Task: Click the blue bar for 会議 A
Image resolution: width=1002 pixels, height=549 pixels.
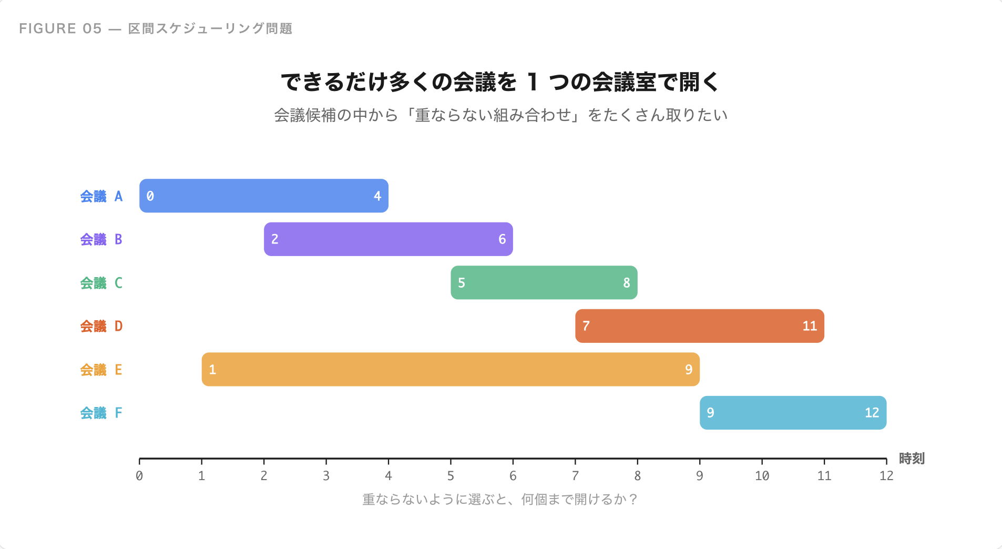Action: pyautogui.click(x=263, y=196)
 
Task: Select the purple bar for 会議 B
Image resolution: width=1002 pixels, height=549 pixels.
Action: pyautogui.click(x=388, y=239)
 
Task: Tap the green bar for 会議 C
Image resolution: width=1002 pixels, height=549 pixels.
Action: pyautogui.click(x=544, y=282)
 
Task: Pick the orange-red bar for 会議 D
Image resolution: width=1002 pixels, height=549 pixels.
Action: pyautogui.click(x=699, y=326)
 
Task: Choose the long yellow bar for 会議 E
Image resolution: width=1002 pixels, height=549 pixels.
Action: pyautogui.click(x=450, y=369)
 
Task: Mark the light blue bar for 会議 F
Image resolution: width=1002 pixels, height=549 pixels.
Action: pyautogui.click(x=793, y=413)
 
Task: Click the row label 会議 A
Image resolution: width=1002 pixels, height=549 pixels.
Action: pyautogui.click(x=101, y=196)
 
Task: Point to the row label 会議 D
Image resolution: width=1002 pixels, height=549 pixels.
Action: pyautogui.click(x=101, y=326)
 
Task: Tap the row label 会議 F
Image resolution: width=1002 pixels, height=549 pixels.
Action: pyautogui.click(x=101, y=413)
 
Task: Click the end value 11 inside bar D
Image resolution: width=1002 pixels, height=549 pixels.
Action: pyautogui.click(x=810, y=326)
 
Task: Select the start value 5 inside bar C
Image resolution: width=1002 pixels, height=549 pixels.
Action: pyautogui.click(x=462, y=283)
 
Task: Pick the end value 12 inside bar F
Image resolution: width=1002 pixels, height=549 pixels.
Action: pyautogui.click(x=872, y=413)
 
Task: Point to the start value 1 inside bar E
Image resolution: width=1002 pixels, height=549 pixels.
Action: pyautogui.click(x=212, y=370)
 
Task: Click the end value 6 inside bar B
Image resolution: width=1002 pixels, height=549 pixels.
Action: pyautogui.click(x=502, y=239)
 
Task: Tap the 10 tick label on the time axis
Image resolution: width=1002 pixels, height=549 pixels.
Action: pyautogui.click(x=762, y=476)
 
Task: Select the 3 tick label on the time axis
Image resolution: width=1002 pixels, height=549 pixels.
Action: pyautogui.click(x=326, y=476)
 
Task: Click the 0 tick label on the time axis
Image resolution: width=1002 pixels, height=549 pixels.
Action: pyautogui.click(x=139, y=476)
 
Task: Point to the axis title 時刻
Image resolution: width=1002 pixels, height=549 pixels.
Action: pyautogui.click(x=912, y=459)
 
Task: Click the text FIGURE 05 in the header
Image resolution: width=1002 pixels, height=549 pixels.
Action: pyautogui.click(x=60, y=28)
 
